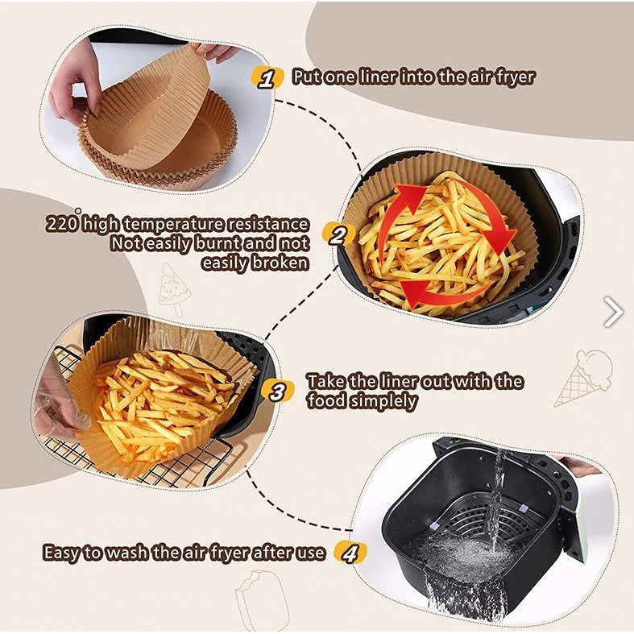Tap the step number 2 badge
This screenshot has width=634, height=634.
(338, 235)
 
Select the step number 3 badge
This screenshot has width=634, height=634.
(277, 392)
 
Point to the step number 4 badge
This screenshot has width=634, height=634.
(350, 553)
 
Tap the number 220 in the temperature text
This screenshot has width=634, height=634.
(61, 224)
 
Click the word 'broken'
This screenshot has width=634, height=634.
(280, 263)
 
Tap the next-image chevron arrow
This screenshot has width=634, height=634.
(613, 311)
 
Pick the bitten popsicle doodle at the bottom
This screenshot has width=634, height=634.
(262, 599)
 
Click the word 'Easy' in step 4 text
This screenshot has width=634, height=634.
(60, 553)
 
